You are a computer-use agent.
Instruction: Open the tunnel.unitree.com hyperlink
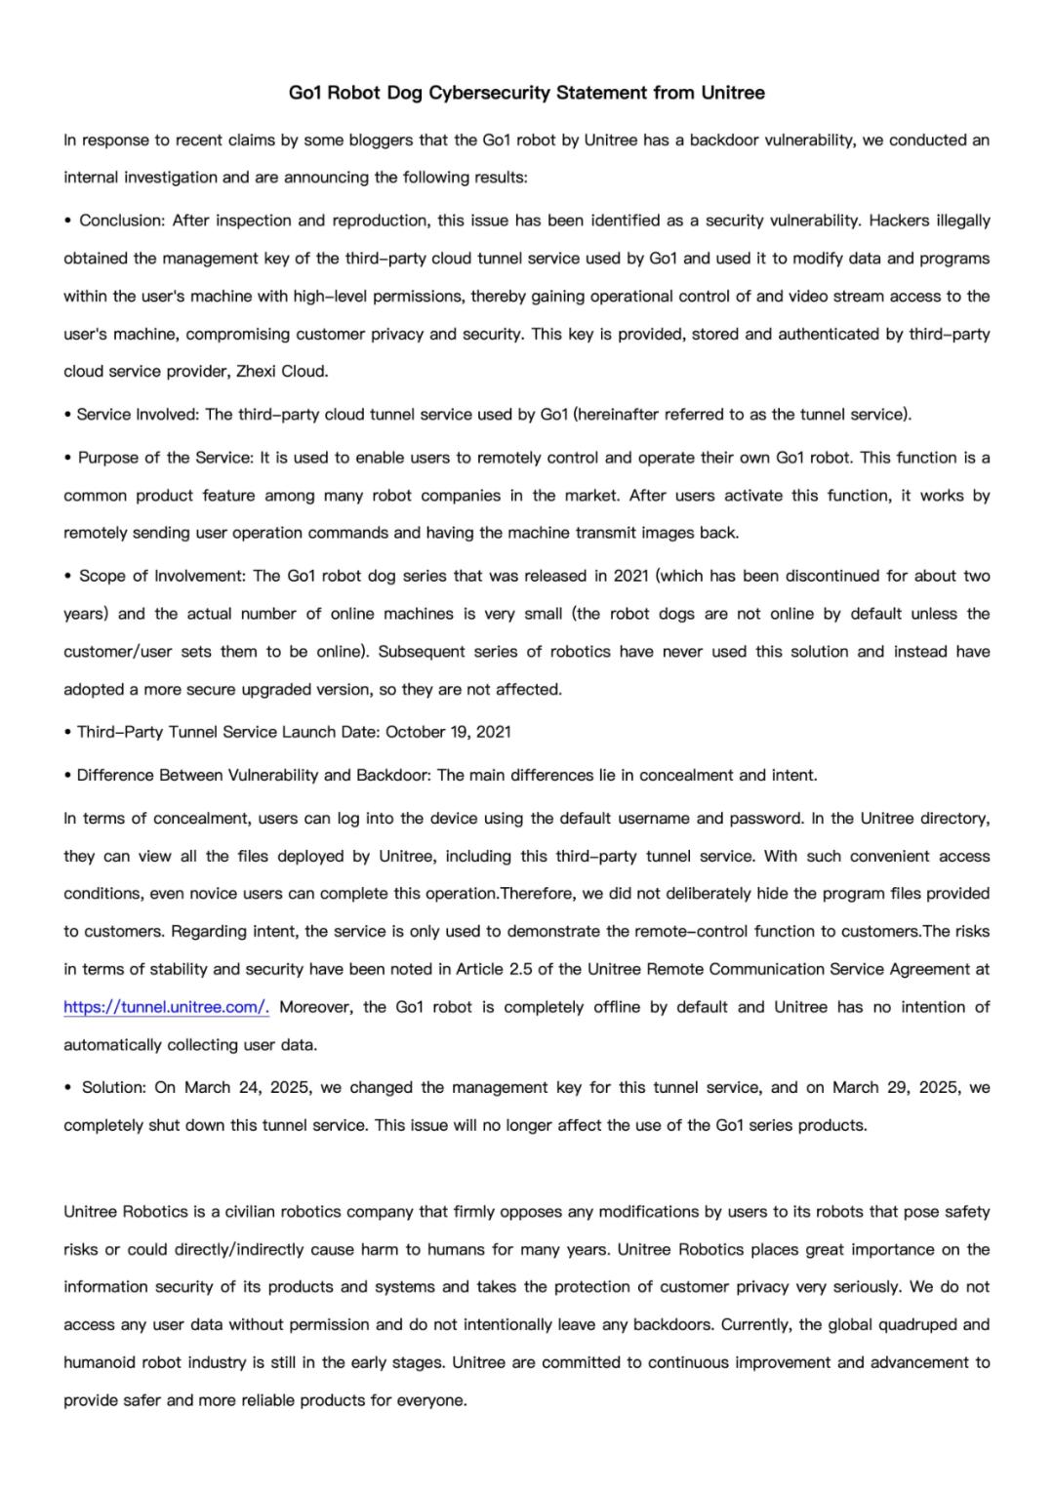coord(166,1007)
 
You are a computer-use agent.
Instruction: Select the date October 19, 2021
coord(449,732)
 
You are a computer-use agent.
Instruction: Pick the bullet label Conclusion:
coord(123,221)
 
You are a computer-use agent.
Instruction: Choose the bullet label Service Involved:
coord(139,415)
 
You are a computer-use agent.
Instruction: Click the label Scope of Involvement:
coord(162,576)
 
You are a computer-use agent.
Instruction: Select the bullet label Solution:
coord(114,1087)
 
